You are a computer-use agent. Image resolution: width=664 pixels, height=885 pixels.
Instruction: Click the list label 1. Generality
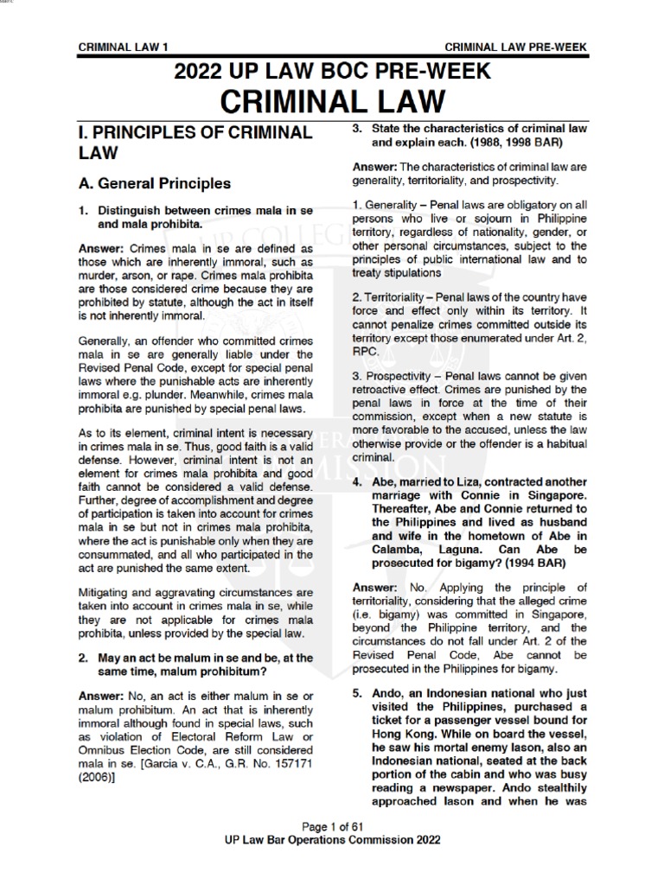pos(386,204)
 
